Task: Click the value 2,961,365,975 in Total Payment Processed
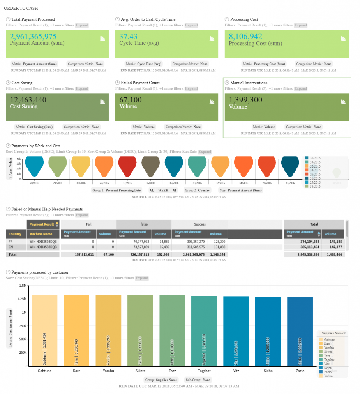[x=33, y=37]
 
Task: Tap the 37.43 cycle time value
[x=128, y=37]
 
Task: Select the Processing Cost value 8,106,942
[x=245, y=37]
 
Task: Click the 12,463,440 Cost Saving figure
[x=28, y=100]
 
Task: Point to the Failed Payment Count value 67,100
[x=131, y=100]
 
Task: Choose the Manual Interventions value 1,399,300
[x=245, y=100]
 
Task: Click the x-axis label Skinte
[x=140, y=371]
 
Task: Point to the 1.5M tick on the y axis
[x=23, y=286]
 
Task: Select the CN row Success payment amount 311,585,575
[x=189, y=247]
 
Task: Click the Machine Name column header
[x=41, y=234]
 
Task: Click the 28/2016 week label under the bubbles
[x=34, y=182]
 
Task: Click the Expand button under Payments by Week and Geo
[x=205, y=152]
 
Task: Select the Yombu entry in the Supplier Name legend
[x=328, y=348]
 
